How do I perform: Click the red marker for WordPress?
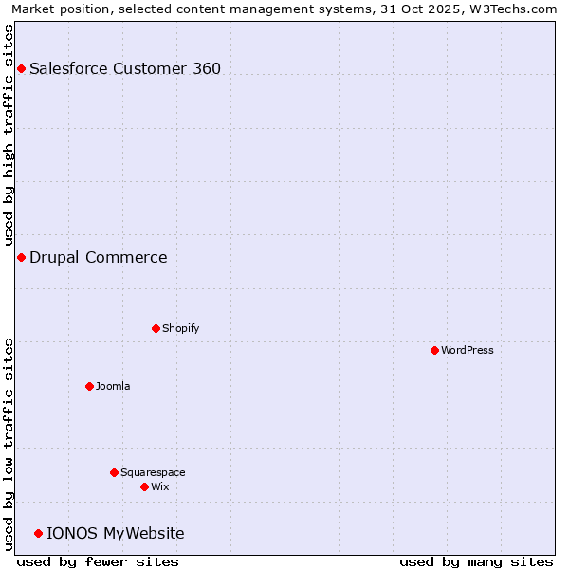coord(434,350)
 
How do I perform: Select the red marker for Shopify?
coord(156,328)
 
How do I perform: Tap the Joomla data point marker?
coord(89,386)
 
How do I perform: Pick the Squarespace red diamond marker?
coord(114,472)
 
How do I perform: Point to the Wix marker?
coord(144,486)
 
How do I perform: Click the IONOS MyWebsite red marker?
coord(38,533)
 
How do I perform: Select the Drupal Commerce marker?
coord(21,257)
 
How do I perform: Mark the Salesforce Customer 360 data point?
coord(21,68)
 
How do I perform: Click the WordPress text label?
coord(468,350)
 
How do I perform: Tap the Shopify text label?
coord(181,328)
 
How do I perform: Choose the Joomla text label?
coord(113,386)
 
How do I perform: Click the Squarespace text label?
coord(153,472)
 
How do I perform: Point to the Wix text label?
coord(160,486)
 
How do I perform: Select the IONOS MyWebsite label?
coord(116,533)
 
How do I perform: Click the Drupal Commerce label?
coord(99,257)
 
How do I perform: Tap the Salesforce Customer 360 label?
coord(125,68)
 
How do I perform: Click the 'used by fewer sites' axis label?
coord(98,561)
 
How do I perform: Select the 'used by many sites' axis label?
coord(476,561)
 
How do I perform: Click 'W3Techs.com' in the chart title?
coord(518,9)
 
